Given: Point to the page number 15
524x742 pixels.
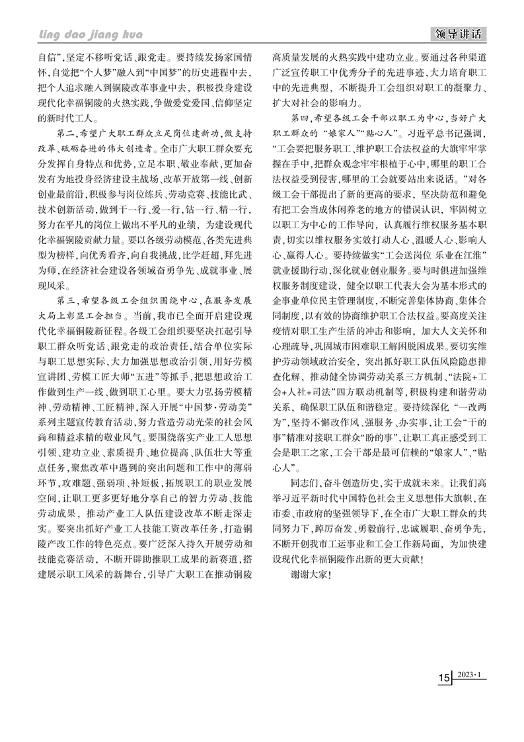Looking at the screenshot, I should point(444,679).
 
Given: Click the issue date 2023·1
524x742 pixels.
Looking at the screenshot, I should point(471,676).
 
